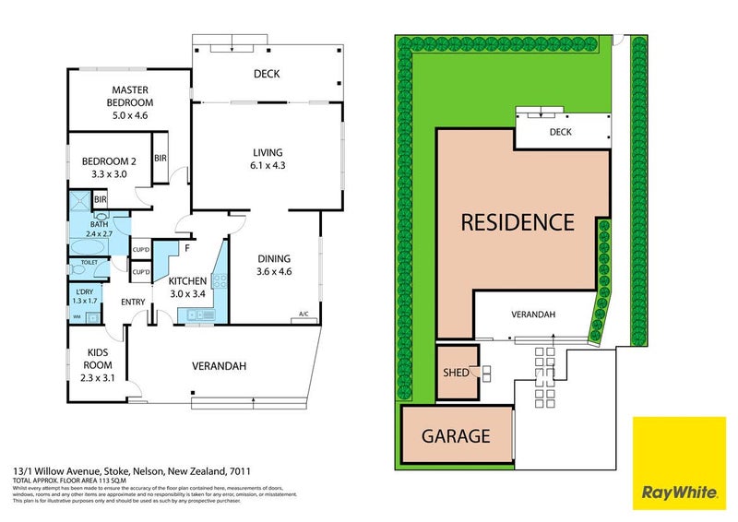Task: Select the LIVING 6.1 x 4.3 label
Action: [268, 160]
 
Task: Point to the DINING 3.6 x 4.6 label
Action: [273, 266]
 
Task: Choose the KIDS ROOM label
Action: [98, 358]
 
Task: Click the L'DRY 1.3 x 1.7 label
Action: [85, 296]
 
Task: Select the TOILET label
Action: [89, 262]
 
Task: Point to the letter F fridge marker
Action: [187, 247]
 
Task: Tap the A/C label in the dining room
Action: [304, 315]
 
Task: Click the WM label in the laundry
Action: [76, 316]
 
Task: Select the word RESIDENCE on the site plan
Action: [518, 222]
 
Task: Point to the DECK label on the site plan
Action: [560, 132]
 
